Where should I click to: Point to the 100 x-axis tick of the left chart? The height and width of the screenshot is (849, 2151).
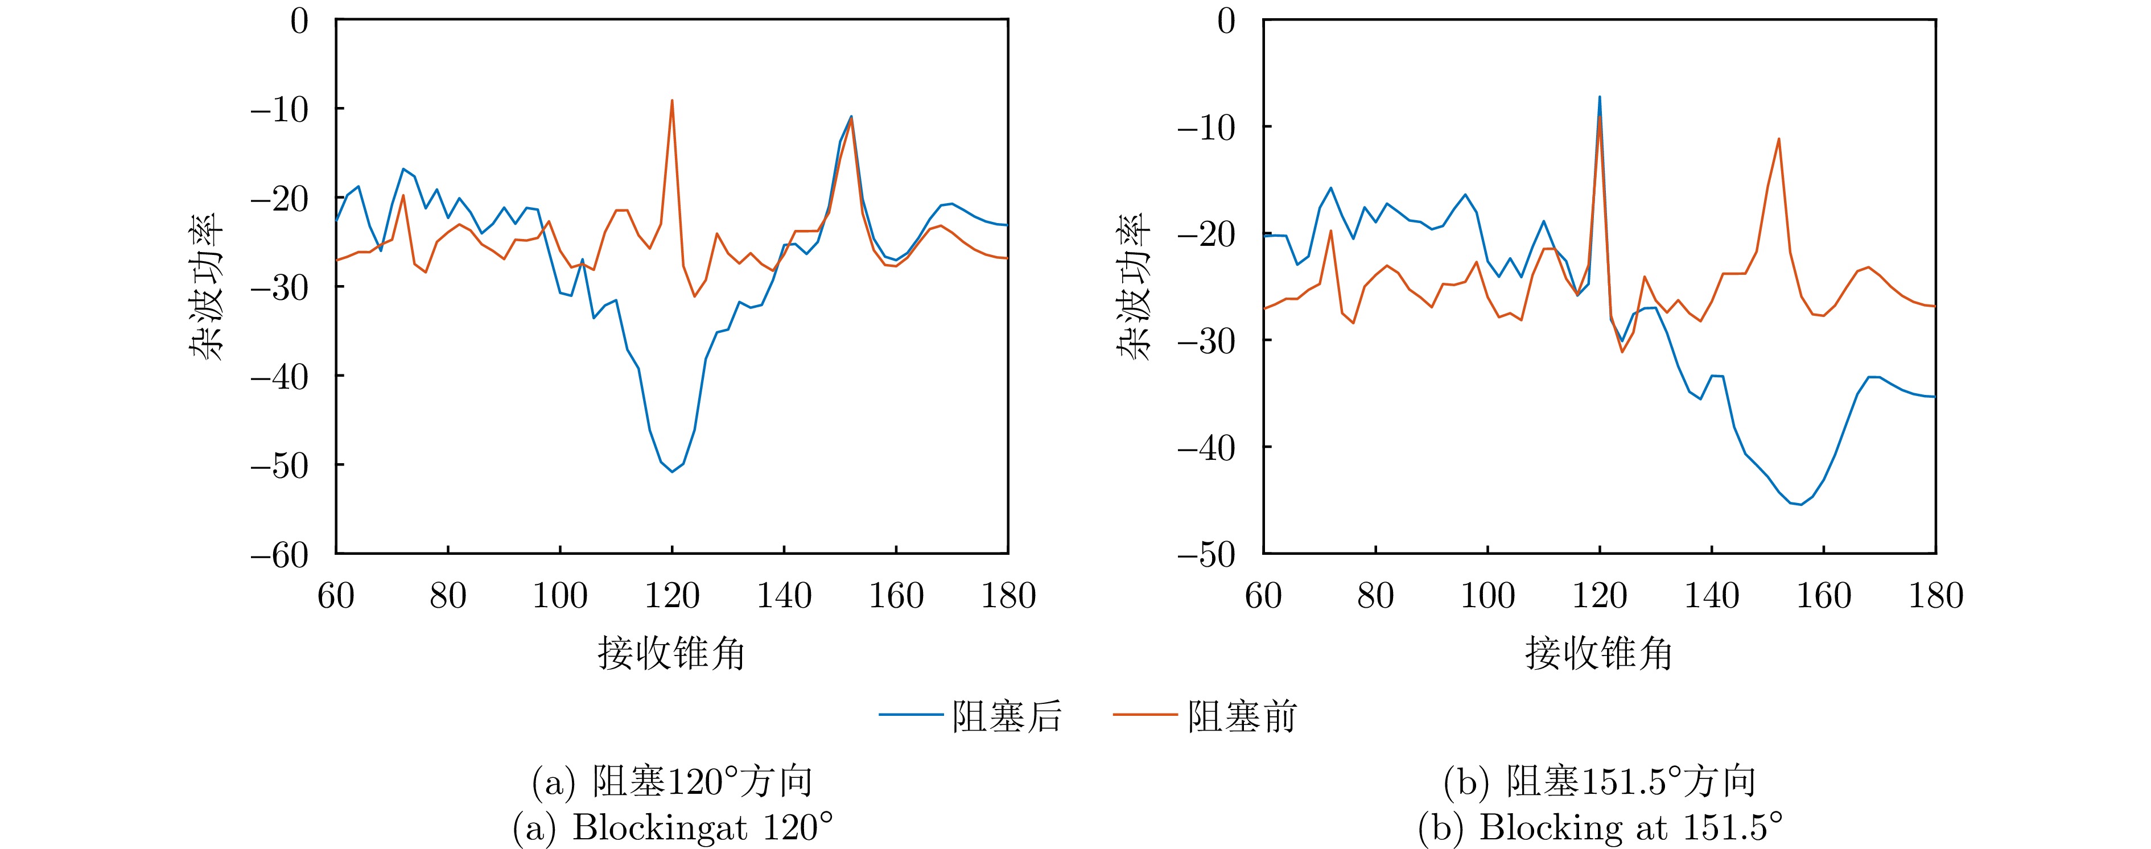click(559, 596)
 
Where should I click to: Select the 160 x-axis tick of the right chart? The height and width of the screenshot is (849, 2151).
click(1824, 596)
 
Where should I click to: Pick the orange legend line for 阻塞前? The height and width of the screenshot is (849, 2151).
click(1145, 715)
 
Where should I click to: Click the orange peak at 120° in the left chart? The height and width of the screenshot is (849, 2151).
click(672, 102)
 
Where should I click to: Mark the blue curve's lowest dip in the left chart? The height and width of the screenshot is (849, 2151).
click(672, 472)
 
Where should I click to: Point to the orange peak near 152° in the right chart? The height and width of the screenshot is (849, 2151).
click(1779, 139)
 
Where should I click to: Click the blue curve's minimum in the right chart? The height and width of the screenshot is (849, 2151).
click(1801, 504)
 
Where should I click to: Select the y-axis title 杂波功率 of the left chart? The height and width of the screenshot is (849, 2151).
click(205, 286)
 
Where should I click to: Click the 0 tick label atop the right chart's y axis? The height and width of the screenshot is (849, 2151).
click(1226, 21)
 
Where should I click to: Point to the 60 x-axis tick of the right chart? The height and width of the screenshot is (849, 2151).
click(1263, 596)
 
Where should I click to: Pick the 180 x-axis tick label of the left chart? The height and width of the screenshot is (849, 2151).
click(1008, 596)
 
